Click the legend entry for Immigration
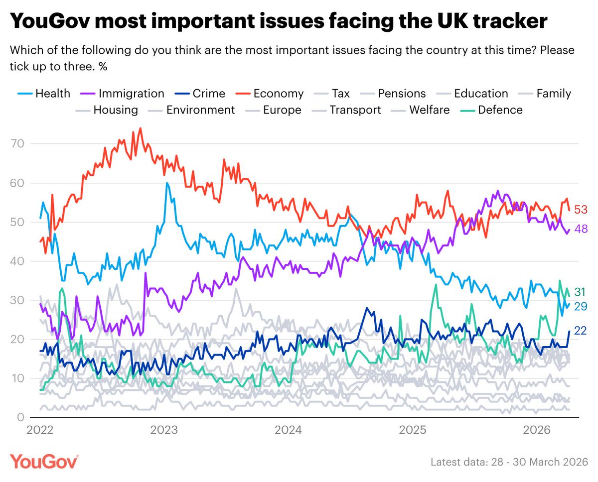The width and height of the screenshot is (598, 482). (x=131, y=93)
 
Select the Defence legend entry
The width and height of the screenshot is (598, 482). (x=500, y=110)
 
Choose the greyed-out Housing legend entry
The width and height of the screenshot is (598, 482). (x=115, y=110)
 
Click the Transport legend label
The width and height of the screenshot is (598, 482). (x=355, y=110)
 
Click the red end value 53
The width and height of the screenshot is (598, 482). (x=581, y=209)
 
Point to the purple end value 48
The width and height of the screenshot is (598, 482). (x=581, y=229)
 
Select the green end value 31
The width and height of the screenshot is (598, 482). (x=581, y=291)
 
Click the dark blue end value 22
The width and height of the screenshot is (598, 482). (x=581, y=330)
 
